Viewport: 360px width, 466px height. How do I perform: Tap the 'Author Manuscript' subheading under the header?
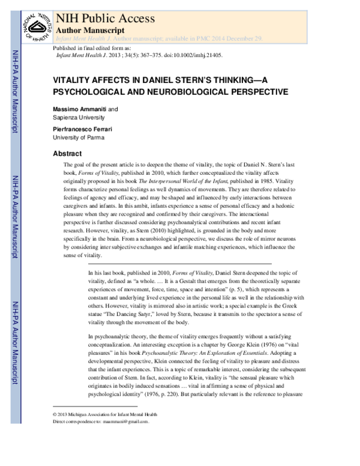[x=90, y=29]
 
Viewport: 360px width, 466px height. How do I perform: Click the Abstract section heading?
[x=67, y=153]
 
